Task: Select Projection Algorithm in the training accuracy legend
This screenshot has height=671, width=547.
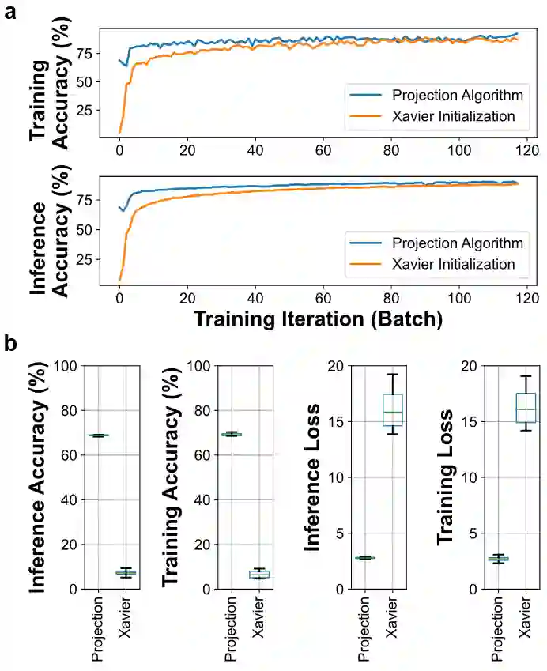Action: [x=458, y=96]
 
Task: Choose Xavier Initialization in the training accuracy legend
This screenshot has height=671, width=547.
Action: [x=454, y=117]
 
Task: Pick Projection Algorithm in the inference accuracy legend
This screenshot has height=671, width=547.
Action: [x=458, y=242]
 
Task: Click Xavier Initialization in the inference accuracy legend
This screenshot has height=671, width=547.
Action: [x=454, y=263]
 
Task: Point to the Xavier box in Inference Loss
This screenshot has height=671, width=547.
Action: [x=393, y=410]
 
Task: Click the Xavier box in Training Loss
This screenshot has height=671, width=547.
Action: [x=526, y=408]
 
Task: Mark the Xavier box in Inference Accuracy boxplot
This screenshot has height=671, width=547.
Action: [x=126, y=572]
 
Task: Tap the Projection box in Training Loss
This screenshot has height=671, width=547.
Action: [x=498, y=559]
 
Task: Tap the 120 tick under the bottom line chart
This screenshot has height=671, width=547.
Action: [x=526, y=300]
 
